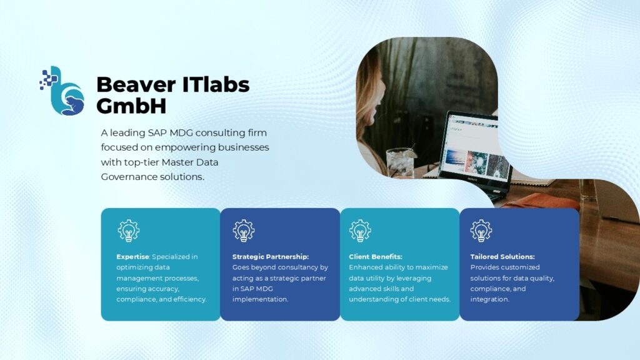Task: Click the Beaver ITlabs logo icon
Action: click(x=62, y=91)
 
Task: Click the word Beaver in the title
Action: click(x=136, y=84)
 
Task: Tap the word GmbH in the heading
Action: click(x=131, y=106)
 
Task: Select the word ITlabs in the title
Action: click(x=216, y=84)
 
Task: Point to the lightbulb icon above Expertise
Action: click(x=129, y=231)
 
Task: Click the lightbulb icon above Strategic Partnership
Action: click(x=244, y=231)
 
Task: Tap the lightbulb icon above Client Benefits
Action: click(x=360, y=231)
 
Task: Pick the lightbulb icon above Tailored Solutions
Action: click(x=481, y=231)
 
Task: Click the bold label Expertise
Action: click(x=132, y=257)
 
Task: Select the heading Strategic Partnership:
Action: click(x=271, y=257)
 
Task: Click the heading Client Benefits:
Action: click(x=376, y=257)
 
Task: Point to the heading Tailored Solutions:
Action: click(x=502, y=257)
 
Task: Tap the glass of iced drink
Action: click(x=401, y=162)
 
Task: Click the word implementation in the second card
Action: click(x=260, y=299)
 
